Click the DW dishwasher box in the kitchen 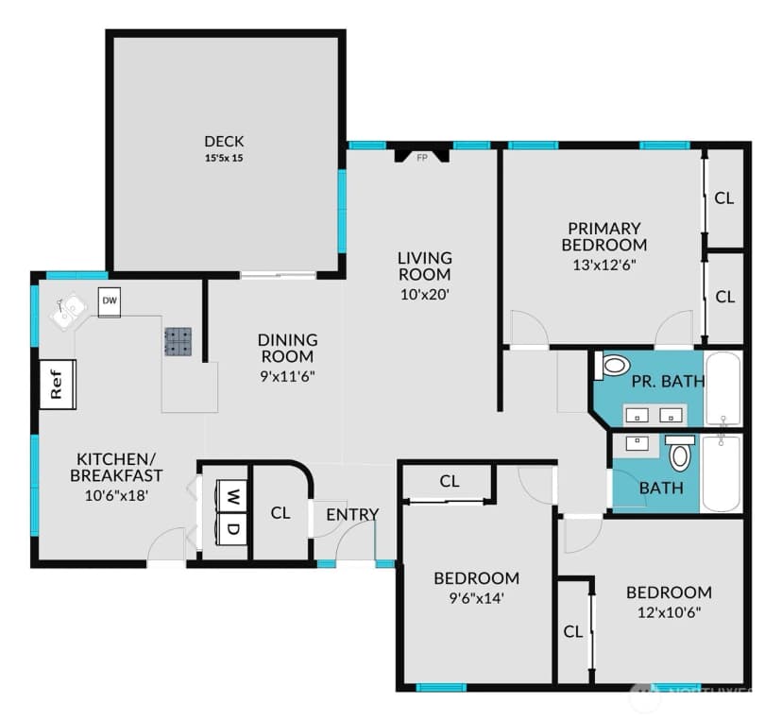[x=110, y=301]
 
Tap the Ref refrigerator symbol [x=58, y=385]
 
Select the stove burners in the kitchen [x=178, y=341]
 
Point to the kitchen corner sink [x=67, y=312]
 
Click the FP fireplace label [x=422, y=158]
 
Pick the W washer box [x=231, y=496]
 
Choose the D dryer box [x=231, y=528]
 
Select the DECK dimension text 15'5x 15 [x=224, y=159]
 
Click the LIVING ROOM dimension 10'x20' [x=425, y=295]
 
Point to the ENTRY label [x=352, y=514]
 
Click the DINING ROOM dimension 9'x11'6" [x=287, y=376]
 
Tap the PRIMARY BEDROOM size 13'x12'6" [x=604, y=265]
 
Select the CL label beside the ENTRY [x=280, y=513]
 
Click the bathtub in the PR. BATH [x=723, y=389]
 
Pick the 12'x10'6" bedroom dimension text [x=670, y=612]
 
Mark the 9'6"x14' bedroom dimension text [x=476, y=598]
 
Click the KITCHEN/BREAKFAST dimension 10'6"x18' [x=117, y=495]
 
